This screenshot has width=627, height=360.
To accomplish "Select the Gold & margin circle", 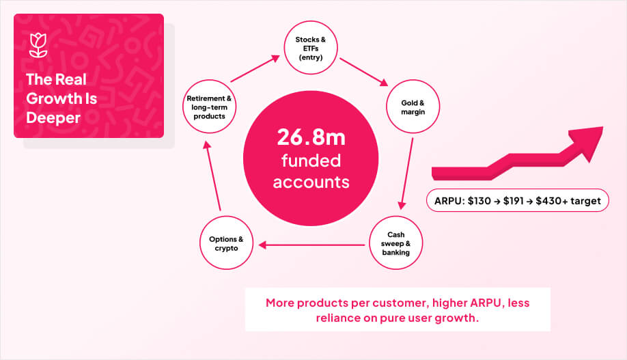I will pyautogui.click(x=413, y=107).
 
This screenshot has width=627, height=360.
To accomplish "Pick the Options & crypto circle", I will pyautogui.click(x=226, y=244).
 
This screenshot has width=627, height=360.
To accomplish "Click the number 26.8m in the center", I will pyautogui.click(x=311, y=137).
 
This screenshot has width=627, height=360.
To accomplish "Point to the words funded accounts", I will pyautogui.click(x=311, y=171).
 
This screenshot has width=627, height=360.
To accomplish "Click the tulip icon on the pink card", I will pyautogui.click(x=38, y=45).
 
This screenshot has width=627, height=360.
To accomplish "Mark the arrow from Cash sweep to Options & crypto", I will pyautogui.click(x=311, y=244).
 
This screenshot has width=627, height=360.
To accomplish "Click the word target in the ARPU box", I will pyautogui.click(x=587, y=201).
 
